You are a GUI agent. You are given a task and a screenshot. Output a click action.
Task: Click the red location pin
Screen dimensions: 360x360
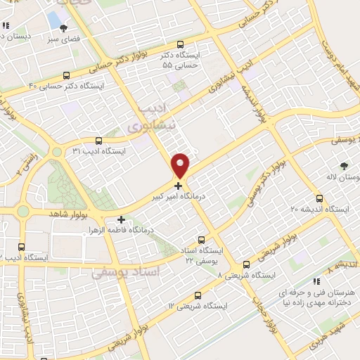coord(181,165)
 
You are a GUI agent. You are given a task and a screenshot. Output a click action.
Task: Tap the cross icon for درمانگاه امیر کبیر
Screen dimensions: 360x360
coord(179,186)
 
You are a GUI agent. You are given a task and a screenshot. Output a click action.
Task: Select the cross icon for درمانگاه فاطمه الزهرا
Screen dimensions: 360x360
coord(121,219)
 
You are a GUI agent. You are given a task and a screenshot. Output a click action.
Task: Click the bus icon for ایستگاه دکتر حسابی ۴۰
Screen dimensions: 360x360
coord(67,75)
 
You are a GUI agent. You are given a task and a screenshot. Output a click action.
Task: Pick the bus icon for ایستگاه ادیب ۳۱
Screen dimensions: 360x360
coord(98,141)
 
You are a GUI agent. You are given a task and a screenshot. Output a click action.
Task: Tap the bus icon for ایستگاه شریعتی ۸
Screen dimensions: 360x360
coord(246,264)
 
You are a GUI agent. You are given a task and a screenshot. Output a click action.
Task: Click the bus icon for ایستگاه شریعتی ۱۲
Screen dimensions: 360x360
coord(198,296)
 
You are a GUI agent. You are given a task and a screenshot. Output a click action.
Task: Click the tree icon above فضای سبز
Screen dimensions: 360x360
coord(65,29)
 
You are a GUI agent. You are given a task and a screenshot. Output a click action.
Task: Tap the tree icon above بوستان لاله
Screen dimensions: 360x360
coord(343,166)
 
